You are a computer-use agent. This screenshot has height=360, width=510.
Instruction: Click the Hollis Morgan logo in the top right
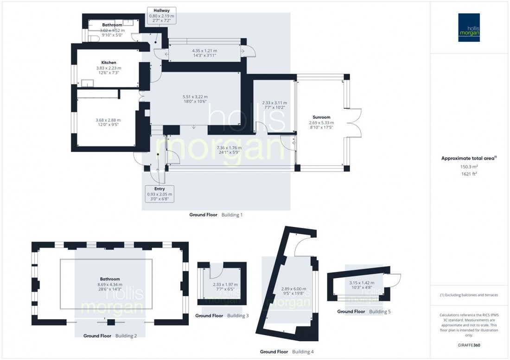(470, 28)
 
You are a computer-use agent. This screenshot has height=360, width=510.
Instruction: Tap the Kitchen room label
(108, 63)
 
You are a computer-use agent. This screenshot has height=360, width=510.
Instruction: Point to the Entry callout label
(159, 189)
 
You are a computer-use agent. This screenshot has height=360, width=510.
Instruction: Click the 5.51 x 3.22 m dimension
(195, 97)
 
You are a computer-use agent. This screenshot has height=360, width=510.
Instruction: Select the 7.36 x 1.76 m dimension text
(229, 148)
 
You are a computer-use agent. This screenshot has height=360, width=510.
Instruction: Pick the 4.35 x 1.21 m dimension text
(204, 51)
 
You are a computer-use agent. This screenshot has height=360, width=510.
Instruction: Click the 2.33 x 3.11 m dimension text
(274, 102)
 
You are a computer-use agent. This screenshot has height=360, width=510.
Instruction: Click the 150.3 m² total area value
(470, 166)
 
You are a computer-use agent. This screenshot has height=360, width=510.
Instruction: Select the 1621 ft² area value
(470, 174)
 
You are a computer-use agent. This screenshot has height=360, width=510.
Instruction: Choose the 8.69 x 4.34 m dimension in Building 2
(108, 285)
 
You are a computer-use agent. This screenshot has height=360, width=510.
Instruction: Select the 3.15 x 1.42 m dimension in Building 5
(362, 282)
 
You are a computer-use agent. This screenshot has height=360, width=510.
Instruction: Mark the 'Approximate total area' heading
(469, 158)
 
